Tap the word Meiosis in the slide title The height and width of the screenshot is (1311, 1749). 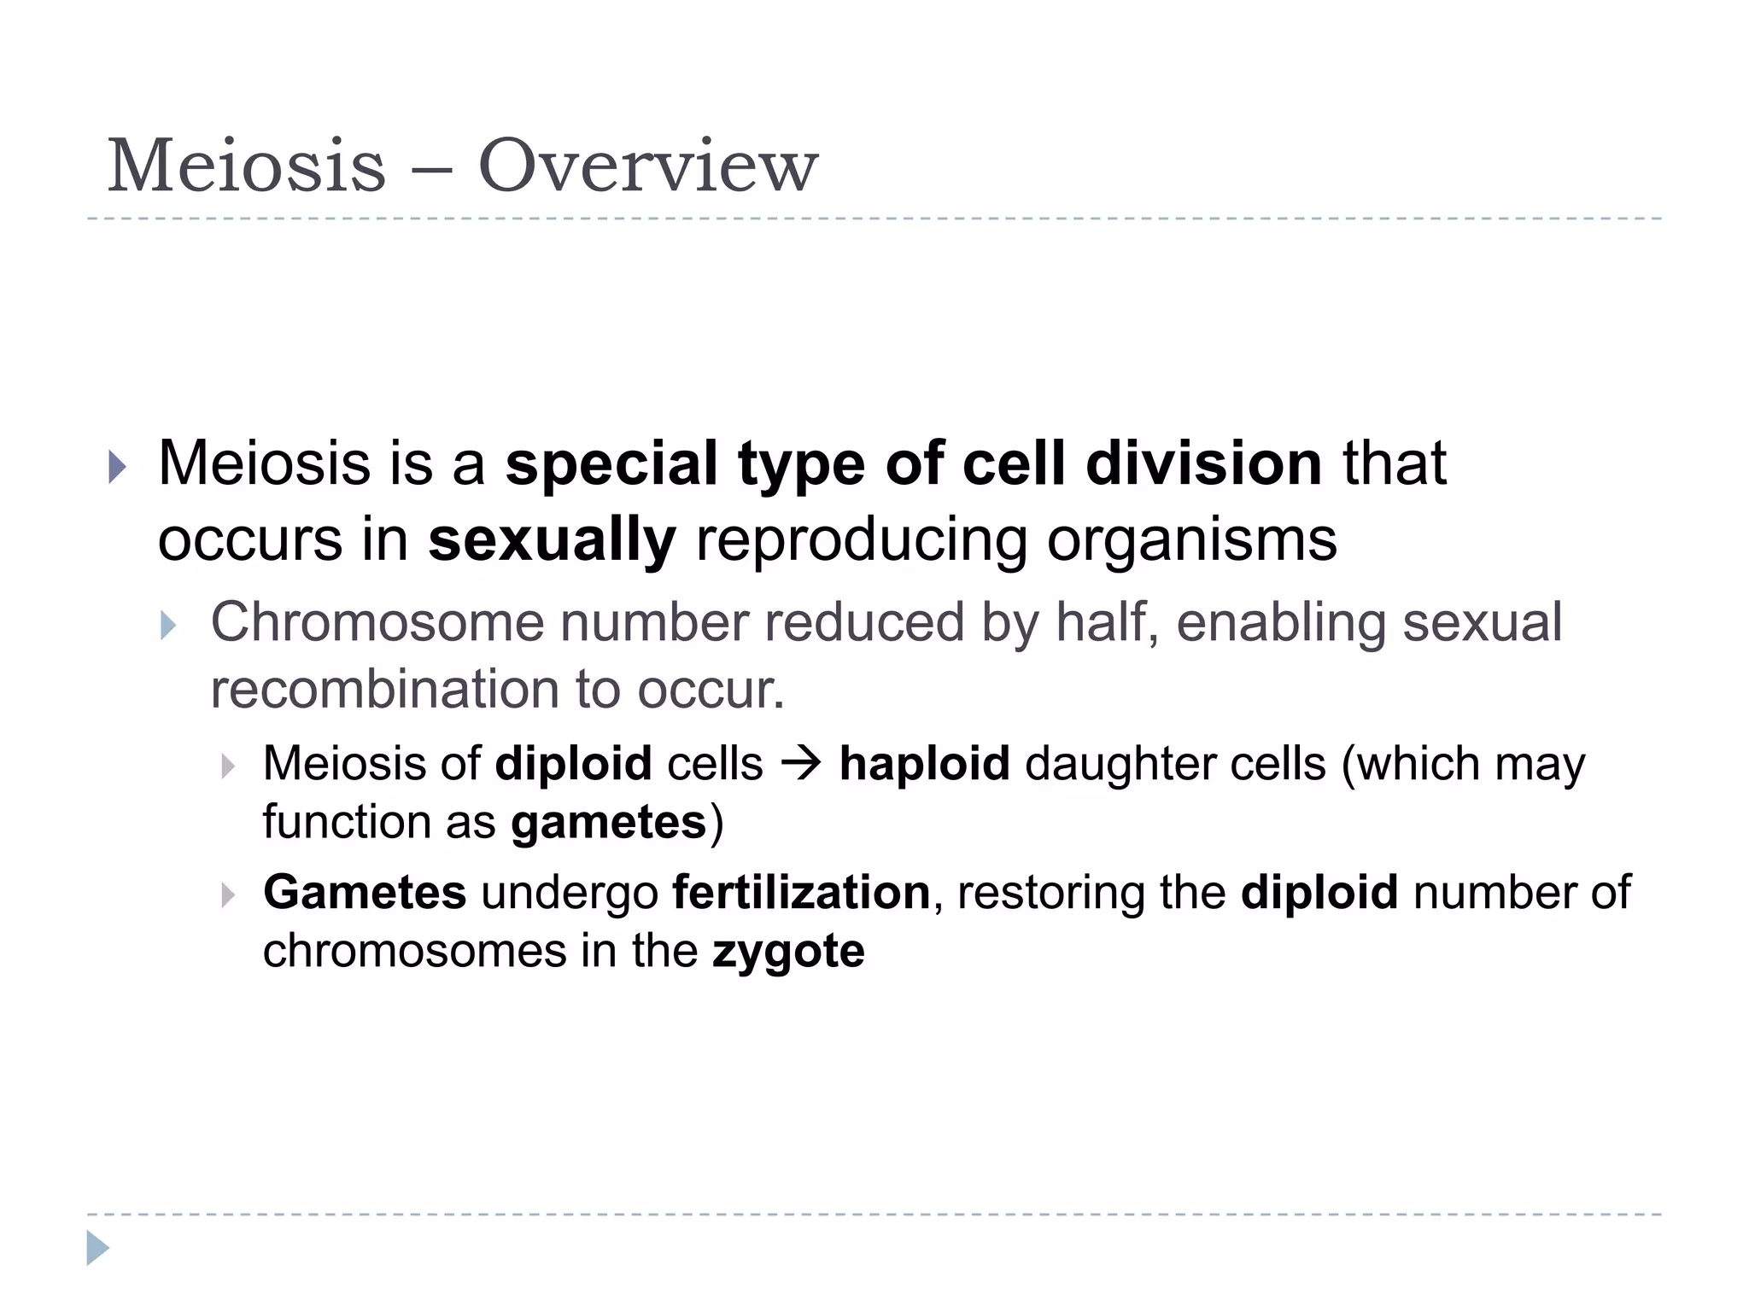point(247,166)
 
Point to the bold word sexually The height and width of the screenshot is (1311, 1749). point(552,540)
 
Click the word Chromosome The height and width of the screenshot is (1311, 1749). point(377,622)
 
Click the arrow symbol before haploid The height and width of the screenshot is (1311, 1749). point(801,763)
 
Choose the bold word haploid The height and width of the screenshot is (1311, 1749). point(925,763)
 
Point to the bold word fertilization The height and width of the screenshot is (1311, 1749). point(801,893)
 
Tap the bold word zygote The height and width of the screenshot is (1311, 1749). point(788,952)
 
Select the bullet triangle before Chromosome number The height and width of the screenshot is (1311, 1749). point(168,626)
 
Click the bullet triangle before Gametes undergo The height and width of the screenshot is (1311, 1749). point(227,895)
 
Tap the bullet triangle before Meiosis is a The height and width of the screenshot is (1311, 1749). point(117,467)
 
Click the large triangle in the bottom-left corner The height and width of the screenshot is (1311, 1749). point(98,1248)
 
